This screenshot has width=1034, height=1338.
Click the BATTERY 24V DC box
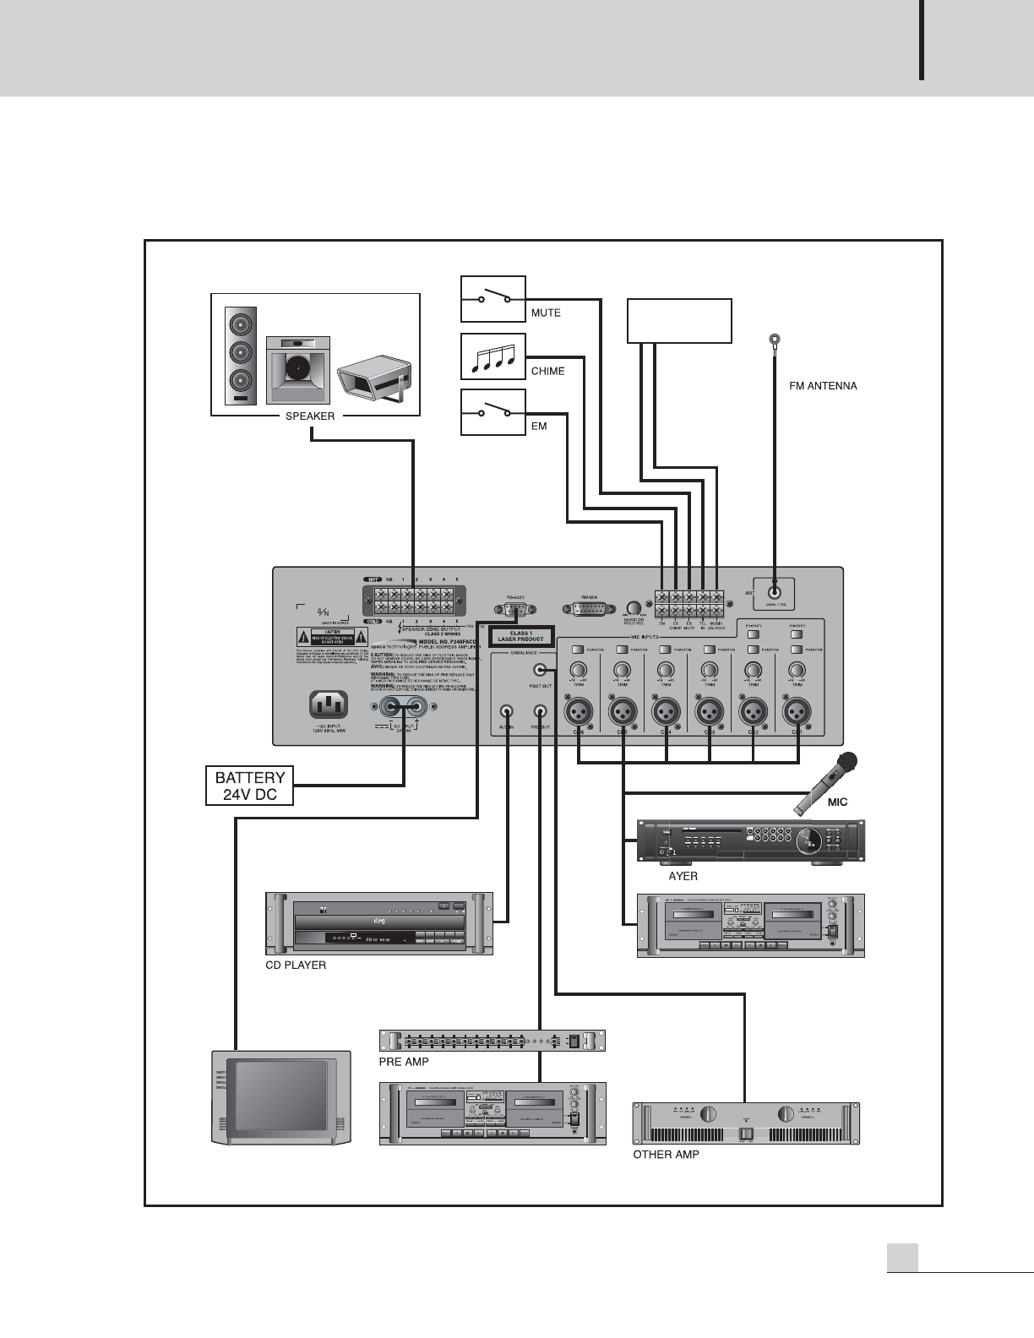(x=250, y=786)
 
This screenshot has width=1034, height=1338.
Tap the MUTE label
(x=546, y=313)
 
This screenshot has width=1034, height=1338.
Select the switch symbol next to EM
(x=493, y=412)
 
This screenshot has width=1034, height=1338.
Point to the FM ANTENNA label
(x=822, y=386)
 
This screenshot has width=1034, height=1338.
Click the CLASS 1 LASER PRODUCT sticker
(x=521, y=636)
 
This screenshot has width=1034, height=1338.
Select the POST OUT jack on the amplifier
(x=540, y=670)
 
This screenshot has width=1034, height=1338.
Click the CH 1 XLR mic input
(x=796, y=711)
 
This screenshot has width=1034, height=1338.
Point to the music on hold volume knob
(x=634, y=608)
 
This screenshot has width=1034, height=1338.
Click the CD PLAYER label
(x=296, y=965)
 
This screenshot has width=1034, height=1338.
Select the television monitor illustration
(x=280, y=1097)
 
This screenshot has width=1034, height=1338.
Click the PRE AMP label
(x=404, y=1062)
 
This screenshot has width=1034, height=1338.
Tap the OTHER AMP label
(x=666, y=1155)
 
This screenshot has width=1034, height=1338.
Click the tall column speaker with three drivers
(x=241, y=355)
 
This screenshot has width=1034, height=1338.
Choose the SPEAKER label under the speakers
(x=310, y=416)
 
